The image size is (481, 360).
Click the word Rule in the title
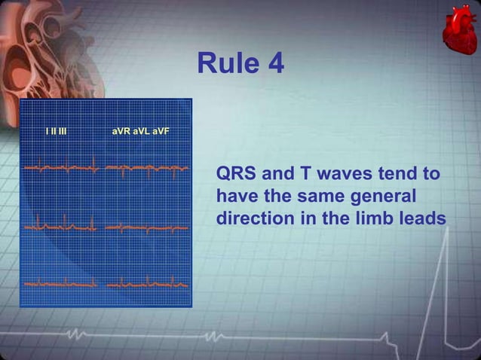click(x=224, y=64)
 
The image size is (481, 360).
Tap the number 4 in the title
click(x=274, y=64)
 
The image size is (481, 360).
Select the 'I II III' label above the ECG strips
click(x=56, y=133)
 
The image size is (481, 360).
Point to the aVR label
click(x=121, y=133)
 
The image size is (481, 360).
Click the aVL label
click(x=141, y=133)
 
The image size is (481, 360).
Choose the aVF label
click(x=160, y=133)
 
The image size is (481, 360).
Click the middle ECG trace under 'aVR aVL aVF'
click(x=146, y=226)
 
